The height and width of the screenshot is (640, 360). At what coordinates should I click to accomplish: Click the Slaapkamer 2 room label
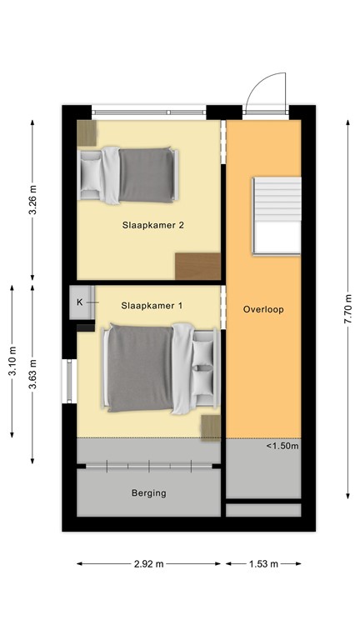click(152, 224)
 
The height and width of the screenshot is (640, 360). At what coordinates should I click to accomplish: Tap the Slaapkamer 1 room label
click(152, 306)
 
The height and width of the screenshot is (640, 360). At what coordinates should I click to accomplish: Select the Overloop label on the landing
click(263, 309)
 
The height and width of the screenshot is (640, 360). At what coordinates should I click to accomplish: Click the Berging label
click(149, 492)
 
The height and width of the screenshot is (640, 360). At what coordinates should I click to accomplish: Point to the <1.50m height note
click(282, 446)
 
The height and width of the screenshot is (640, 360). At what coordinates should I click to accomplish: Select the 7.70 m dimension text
click(347, 310)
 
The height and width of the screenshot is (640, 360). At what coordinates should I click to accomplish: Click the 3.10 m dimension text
click(12, 362)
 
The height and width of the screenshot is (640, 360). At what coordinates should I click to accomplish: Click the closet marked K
click(82, 302)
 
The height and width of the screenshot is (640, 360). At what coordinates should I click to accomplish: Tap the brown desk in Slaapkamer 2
click(198, 267)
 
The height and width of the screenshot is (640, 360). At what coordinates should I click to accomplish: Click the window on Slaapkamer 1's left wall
click(67, 380)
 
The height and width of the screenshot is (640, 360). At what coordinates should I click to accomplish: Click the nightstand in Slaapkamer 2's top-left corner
click(87, 131)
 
